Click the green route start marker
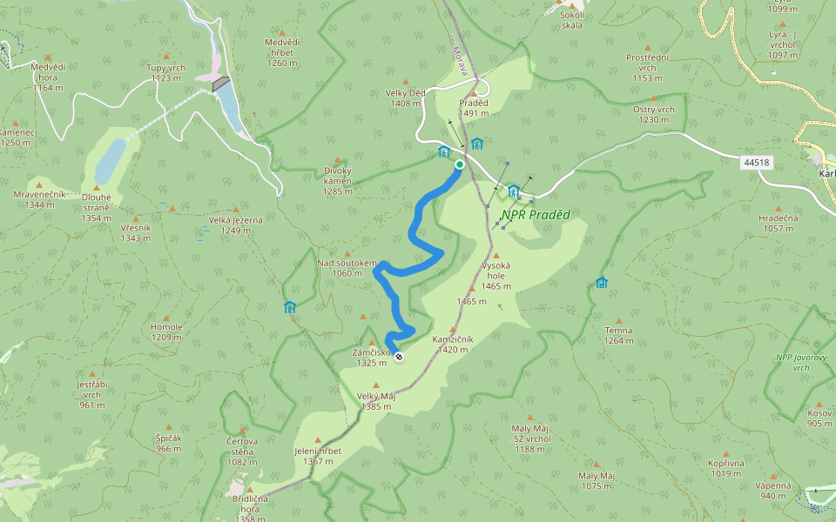point(460,164)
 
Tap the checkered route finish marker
point(399,357)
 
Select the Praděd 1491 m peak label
point(474,108)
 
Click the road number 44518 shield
point(757,163)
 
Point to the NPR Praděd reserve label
point(535,214)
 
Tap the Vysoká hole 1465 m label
point(496,275)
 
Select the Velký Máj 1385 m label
point(376,401)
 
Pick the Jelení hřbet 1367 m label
point(318,456)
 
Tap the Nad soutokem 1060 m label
point(346,268)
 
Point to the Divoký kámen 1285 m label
point(337,180)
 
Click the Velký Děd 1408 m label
point(406,98)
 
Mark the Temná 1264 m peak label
point(618,335)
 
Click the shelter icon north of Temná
point(601,282)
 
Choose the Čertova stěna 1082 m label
point(242,445)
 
